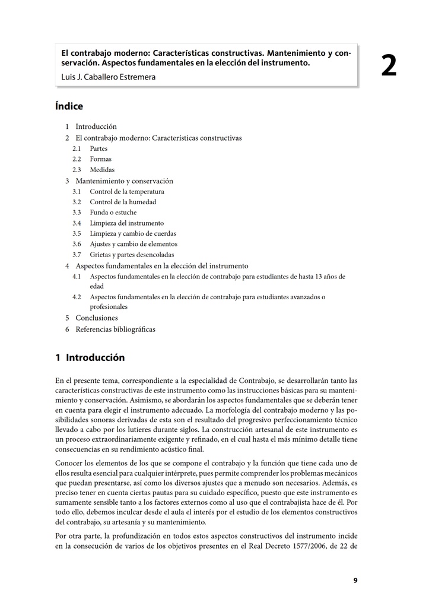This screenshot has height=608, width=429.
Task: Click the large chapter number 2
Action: click(389, 66)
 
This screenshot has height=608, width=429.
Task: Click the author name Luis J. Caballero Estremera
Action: click(109, 77)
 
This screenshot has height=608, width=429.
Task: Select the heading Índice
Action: click(69, 106)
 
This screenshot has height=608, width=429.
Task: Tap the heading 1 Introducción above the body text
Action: click(90, 357)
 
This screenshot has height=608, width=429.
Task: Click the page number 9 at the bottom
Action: click(355, 581)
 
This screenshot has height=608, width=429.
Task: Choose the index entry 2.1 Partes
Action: click(90, 148)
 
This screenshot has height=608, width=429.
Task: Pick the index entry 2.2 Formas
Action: click(92, 159)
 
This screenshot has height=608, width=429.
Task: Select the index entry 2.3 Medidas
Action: click(94, 170)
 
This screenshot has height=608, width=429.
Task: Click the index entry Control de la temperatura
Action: click(127, 191)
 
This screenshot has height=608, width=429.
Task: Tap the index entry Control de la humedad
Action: click(123, 202)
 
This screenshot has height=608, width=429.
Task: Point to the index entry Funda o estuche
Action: click(113, 213)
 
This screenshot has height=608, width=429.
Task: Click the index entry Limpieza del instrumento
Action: click(126, 223)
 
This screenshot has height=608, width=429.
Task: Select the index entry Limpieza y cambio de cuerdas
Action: click(133, 234)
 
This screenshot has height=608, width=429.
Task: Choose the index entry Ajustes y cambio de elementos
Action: click(134, 245)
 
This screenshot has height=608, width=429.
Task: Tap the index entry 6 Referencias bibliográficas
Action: click(110, 329)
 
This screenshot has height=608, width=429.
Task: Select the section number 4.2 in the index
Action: click(77, 297)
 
